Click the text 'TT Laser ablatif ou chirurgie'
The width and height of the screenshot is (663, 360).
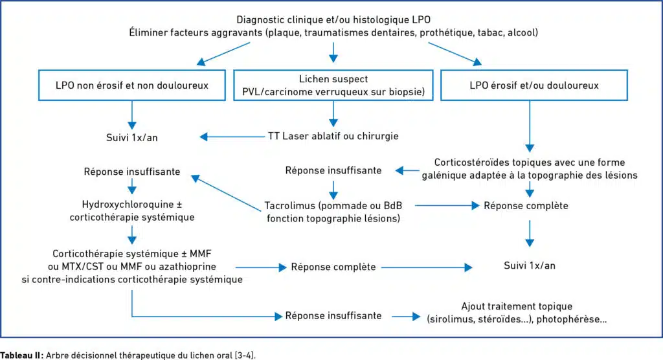(333, 136)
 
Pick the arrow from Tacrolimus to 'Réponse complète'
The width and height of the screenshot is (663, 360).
(447, 206)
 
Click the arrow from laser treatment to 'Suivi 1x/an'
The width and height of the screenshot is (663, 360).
(232, 137)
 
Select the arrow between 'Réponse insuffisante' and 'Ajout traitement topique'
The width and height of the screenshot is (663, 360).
(406, 316)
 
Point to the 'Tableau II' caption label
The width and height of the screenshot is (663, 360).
(21, 355)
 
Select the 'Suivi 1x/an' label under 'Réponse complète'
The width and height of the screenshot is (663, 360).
(530, 265)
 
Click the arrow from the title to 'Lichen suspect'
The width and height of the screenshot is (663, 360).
(333, 52)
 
